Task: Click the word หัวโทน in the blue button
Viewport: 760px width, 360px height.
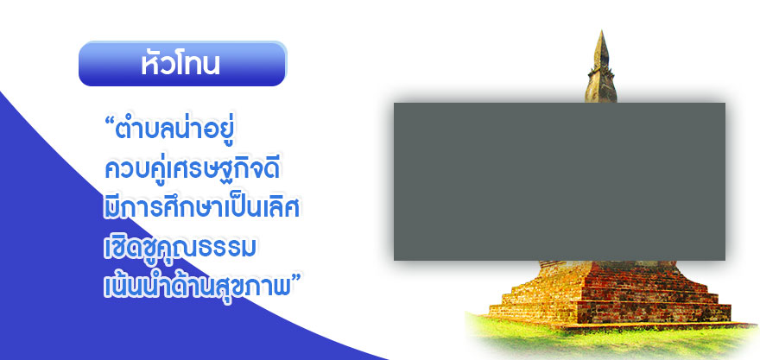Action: (x=180, y=63)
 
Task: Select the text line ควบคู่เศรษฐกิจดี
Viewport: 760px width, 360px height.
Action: (x=193, y=169)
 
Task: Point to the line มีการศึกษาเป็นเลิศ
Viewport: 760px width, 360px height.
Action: (x=201, y=208)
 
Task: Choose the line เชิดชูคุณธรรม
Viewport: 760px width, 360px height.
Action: (x=180, y=246)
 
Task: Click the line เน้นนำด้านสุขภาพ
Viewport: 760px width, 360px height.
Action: (x=197, y=286)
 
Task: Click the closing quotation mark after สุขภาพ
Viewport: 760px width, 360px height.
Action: (x=296, y=278)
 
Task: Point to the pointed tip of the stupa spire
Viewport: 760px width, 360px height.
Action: (x=600, y=31)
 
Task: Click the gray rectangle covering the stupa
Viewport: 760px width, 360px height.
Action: (x=560, y=181)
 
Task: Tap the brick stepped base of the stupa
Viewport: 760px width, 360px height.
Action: (x=611, y=294)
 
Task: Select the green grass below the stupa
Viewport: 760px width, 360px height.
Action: (x=611, y=339)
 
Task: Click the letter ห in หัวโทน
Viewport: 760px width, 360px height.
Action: (x=150, y=65)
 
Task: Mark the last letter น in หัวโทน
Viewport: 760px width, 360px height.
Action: (x=211, y=66)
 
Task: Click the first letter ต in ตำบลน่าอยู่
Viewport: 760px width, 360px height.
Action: (x=124, y=133)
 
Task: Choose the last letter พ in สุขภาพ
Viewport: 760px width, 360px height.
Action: (x=282, y=287)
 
